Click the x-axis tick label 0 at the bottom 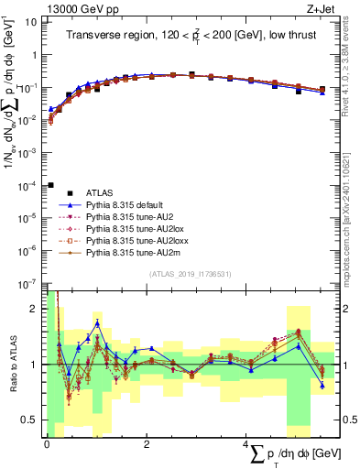pyautogui.click(x=47, y=443)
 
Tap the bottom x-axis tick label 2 pyautogui.click(x=147, y=443)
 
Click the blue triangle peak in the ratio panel pyautogui.click(x=97, y=323)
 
